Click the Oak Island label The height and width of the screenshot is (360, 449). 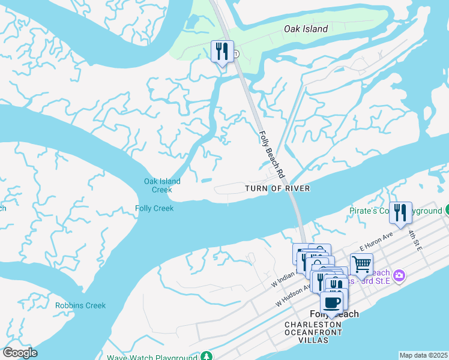tap(306, 29)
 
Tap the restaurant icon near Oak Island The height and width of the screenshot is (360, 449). tap(222, 52)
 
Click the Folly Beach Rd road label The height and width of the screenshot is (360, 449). tap(271, 154)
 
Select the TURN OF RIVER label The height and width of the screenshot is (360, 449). tap(277, 188)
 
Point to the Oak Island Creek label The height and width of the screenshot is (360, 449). tap(162, 185)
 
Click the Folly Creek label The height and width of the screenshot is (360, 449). tap(154, 209)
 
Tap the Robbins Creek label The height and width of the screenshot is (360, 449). tap(80, 305)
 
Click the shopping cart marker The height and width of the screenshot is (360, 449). tap(361, 263)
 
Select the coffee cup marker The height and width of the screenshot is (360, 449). tap(331, 302)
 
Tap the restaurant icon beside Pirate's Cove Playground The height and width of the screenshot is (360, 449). tap(400, 212)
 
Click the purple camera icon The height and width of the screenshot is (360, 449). tap(399, 275)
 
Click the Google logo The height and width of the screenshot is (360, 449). tap(20, 353)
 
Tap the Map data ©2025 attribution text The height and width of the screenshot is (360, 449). tap(423, 355)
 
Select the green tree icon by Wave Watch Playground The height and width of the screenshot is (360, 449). tap(207, 357)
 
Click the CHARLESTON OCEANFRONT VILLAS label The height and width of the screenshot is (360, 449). tap(313, 332)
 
